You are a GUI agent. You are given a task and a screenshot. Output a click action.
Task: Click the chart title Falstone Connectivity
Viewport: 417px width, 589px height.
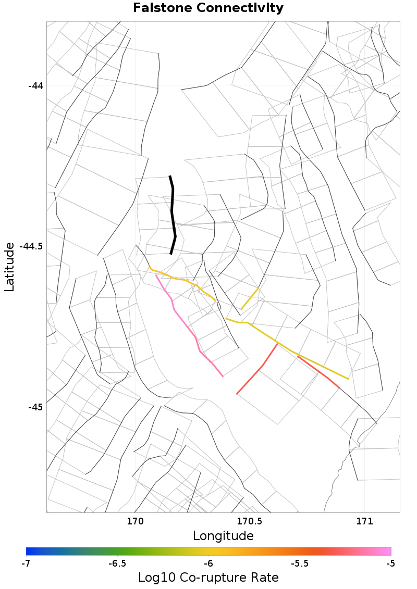click(x=208, y=8)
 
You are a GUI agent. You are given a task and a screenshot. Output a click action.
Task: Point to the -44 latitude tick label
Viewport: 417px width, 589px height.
click(x=35, y=85)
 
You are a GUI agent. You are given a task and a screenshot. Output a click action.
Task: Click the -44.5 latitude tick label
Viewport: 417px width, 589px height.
click(x=31, y=246)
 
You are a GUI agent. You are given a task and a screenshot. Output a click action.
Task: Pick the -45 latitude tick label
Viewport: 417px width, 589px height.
click(x=35, y=407)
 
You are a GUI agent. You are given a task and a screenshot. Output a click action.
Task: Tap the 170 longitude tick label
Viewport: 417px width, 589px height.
click(x=135, y=521)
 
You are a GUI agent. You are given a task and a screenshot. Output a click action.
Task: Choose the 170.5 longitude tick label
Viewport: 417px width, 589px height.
click(x=250, y=521)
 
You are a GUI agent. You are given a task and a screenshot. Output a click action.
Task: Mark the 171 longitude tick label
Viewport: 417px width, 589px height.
click(x=364, y=521)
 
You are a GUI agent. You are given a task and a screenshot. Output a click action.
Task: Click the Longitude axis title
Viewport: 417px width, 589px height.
click(x=223, y=536)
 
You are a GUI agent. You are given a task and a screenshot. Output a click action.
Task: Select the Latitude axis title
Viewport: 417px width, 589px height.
click(x=9, y=267)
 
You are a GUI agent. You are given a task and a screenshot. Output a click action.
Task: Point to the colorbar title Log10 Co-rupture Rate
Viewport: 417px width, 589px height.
click(x=208, y=578)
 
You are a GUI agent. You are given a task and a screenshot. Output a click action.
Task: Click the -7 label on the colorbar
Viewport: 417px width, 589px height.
click(x=26, y=563)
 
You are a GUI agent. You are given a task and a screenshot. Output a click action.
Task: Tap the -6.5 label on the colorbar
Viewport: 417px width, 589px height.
click(x=117, y=563)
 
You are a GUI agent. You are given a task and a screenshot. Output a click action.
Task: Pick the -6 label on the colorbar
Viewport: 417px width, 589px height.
click(x=208, y=563)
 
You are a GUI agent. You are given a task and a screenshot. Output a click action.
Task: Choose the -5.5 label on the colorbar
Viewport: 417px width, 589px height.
click(x=300, y=563)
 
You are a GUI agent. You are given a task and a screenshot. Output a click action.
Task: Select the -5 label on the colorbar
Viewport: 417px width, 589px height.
click(x=390, y=563)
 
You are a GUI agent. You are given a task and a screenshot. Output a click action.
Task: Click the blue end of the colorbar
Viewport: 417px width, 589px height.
click(x=29, y=551)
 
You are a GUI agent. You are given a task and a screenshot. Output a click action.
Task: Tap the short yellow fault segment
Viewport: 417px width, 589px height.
click(x=250, y=298)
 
